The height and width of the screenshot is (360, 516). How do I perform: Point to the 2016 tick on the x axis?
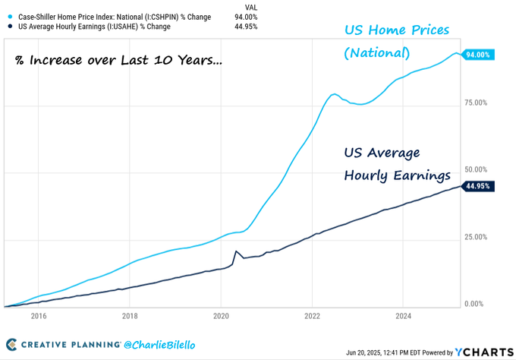pos(39,316)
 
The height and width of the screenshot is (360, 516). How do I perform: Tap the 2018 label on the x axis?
pos(130,316)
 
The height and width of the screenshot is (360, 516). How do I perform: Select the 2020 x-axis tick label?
pos(221,316)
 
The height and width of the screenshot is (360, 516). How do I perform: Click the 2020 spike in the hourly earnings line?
pos(237,251)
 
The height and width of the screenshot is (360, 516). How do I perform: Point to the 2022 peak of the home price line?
pos(334,94)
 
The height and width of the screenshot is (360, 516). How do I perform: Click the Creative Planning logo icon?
pos(12,346)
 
